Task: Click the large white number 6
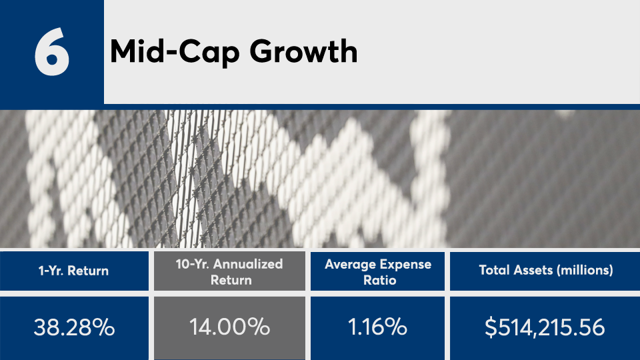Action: point(52,51)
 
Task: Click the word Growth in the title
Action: point(303,51)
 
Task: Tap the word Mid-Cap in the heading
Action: point(175,53)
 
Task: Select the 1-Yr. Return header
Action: point(73,271)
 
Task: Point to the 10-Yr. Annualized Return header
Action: point(229,272)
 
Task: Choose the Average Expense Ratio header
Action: point(378,272)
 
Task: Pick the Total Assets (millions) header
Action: point(546,270)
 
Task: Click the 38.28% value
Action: point(74,327)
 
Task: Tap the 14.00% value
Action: point(229,327)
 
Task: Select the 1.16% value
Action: point(377,327)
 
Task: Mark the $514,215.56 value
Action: point(545,327)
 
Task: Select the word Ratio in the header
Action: point(379,280)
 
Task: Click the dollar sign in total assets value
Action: point(491,327)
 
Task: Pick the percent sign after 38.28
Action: point(103,327)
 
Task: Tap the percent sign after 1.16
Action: point(396,327)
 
